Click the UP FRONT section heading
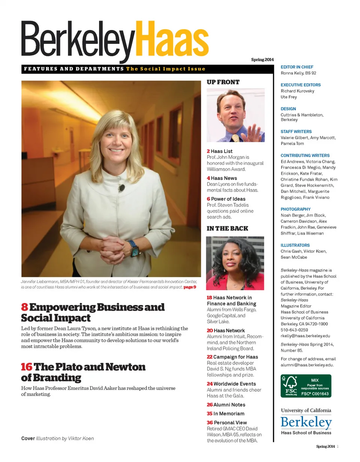click(223, 82)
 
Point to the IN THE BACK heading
click(227, 228)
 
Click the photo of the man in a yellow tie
click(235, 115)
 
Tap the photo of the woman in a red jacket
click(235, 263)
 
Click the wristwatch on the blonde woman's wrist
click(132, 248)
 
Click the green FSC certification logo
click(306, 385)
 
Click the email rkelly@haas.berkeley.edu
click(305, 336)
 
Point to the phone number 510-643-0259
click(294, 330)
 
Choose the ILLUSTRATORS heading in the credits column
click(295, 245)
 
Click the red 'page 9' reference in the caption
click(190, 287)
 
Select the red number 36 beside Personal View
click(210, 422)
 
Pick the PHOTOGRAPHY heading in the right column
click(295, 209)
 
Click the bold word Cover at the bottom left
click(28, 438)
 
